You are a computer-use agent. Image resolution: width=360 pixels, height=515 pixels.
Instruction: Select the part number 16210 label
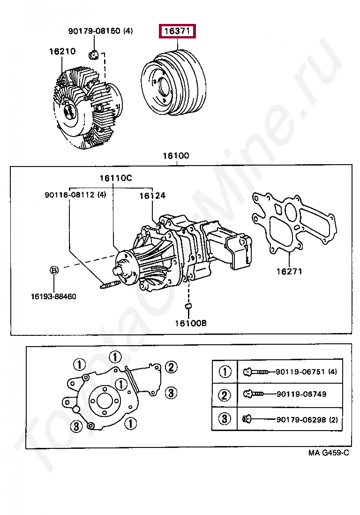coord(62,51)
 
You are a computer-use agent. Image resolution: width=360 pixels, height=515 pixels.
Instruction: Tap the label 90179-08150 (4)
coord(100,31)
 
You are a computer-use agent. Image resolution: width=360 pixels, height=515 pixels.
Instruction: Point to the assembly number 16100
coord(176,156)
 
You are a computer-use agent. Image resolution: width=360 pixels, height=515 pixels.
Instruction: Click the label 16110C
coord(115,178)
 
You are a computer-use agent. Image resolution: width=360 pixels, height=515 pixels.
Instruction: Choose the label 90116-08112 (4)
coord(75,195)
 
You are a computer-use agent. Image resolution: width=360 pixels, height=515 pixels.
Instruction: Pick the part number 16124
coord(152,196)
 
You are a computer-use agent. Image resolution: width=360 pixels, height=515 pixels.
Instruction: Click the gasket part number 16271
coord(289,271)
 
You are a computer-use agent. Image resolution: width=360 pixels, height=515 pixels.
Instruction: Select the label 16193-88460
coord(53,296)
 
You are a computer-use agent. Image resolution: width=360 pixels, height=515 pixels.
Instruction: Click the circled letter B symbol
coord(54,270)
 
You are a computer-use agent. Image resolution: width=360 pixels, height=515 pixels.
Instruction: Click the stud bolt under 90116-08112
coord(110,284)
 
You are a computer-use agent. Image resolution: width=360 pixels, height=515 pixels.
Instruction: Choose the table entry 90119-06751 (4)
coord(306,372)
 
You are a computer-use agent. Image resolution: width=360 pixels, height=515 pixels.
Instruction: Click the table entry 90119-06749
coord(301,394)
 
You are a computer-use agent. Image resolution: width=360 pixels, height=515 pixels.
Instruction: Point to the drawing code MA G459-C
coord(329,453)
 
